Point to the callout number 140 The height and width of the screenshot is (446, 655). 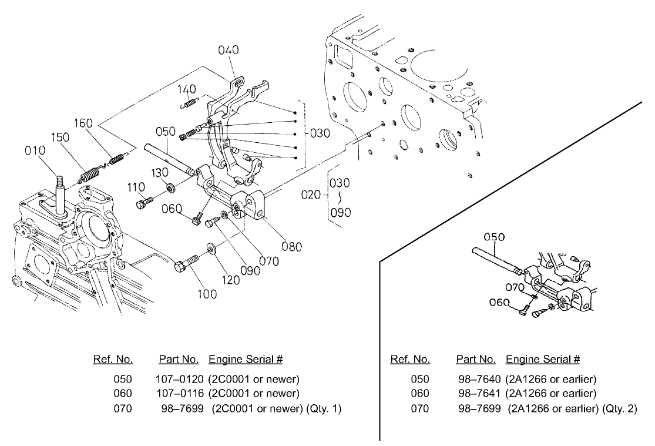[187, 90]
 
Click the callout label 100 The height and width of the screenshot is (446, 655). [206, 294]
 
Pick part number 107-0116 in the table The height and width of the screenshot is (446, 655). [180, 393]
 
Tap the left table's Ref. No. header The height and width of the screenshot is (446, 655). [113, 359]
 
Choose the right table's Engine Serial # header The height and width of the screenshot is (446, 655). [543, 359]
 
